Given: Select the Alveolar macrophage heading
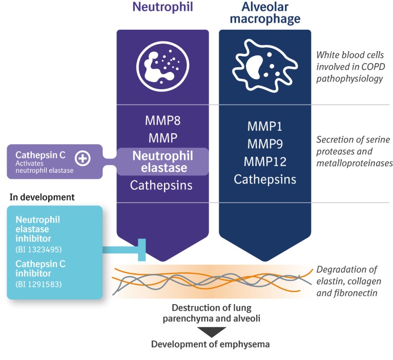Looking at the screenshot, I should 265,13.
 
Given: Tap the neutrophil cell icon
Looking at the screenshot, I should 162,66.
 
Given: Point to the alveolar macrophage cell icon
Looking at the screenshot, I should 264,67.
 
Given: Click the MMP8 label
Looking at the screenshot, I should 162,122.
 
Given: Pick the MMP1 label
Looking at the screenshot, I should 264,127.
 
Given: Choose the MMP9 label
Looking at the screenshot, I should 264,144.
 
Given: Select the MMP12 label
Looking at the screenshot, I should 264,162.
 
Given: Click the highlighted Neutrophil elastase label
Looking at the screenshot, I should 162,161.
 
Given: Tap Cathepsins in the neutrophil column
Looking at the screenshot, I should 162,185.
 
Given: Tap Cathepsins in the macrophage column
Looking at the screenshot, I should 264,179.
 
